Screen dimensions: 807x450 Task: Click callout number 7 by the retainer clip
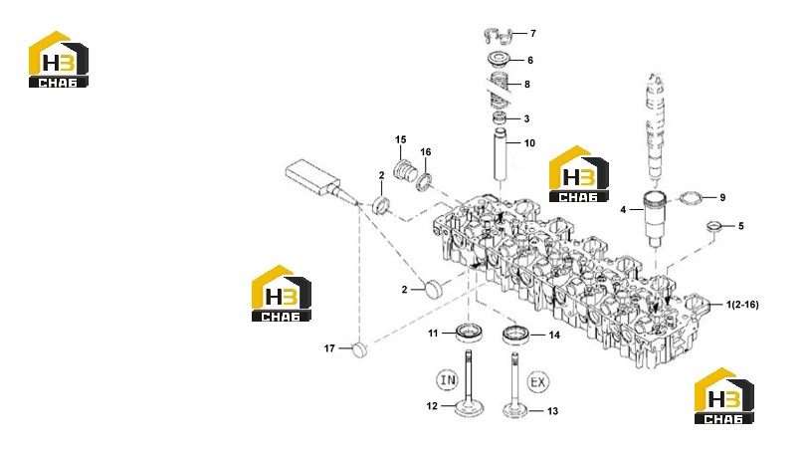click(533, 34)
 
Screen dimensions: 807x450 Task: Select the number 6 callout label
click(530, 61)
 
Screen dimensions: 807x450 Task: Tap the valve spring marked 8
click(499, 90)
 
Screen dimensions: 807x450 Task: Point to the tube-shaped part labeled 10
click(500, 154)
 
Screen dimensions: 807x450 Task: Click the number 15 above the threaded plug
click(400, 139)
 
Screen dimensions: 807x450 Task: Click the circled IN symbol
click(447, 380)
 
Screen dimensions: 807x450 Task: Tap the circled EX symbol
click(537, 382)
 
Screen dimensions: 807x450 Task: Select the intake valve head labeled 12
click(470, 410)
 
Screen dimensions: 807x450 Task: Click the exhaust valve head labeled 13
click(515, 411)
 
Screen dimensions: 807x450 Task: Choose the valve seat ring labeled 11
click(469, 333)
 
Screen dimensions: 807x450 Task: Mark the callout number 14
click(554, 336)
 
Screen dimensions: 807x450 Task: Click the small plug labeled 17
click(360, 350)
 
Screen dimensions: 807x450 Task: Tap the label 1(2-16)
click(742, 305)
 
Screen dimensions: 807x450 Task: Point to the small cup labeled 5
click(713, 226)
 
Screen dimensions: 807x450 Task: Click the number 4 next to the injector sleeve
click(623, 209)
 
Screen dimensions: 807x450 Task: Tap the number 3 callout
click(526, 118)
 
